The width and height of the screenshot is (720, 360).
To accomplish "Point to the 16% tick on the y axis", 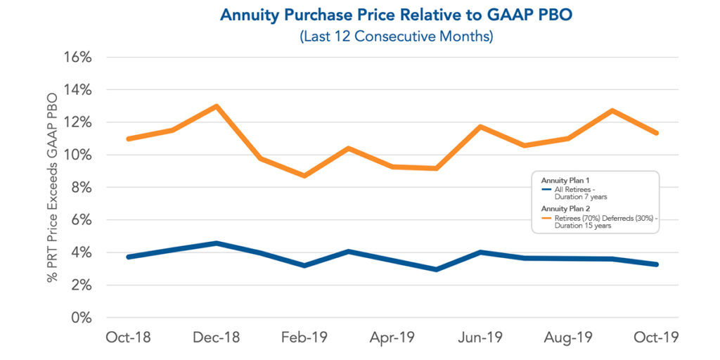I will click(77, 57).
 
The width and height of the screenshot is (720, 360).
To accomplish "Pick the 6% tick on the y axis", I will click(80, 219).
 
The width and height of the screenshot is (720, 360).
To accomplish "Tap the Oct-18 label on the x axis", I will click(128, 337).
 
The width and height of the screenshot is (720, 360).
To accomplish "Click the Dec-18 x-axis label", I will click(216, 337).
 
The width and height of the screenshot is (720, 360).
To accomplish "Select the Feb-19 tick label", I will click(304, 337).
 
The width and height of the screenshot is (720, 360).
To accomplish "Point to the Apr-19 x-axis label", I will click(392, 337).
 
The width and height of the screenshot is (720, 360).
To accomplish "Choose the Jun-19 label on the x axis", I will click(480, 337).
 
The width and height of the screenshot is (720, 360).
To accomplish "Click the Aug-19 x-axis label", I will click(568, 337).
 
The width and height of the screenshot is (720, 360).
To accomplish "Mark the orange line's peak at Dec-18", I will click(216, 106).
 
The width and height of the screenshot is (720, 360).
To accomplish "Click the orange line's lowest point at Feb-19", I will click(304, 176).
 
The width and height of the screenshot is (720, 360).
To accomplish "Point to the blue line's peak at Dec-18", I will click(216, 243).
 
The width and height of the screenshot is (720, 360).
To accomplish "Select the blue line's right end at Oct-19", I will click(657, 264).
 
